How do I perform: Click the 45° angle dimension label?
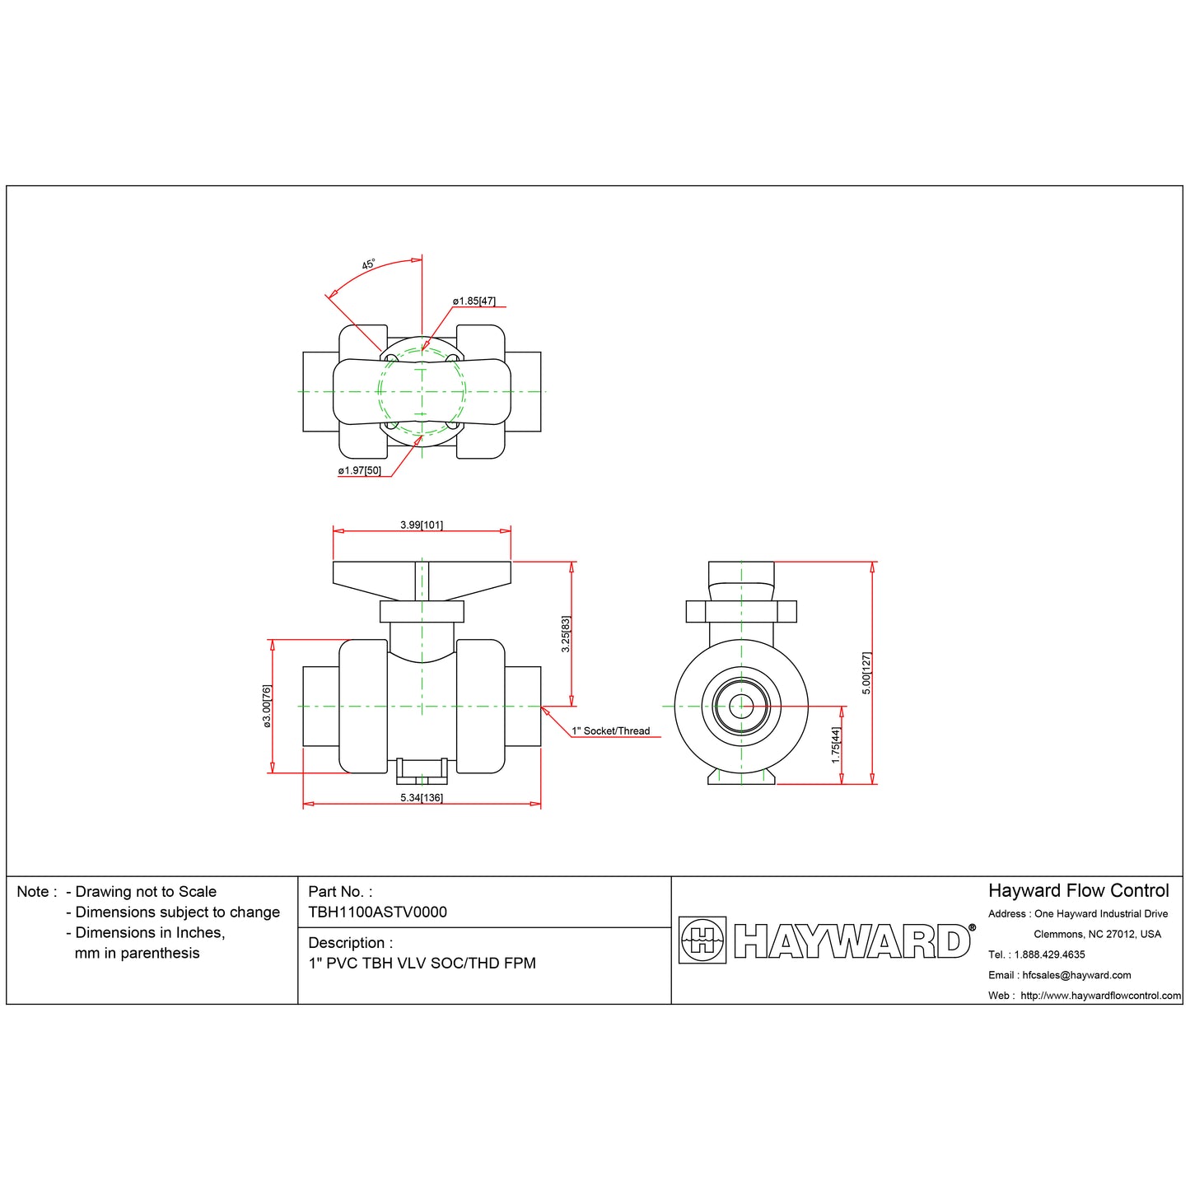(x=368, y=264)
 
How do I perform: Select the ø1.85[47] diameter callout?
(x=474, y=301)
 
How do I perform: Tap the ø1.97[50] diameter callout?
(x=359, y=471)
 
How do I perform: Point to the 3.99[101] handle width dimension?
(x=422, y=525)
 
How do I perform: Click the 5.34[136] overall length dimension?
(x=422, y=798)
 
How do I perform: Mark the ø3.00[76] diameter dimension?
(x=267, y=706)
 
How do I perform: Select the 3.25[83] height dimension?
(x=566, y=634)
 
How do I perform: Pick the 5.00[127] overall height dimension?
(x=866, y=673)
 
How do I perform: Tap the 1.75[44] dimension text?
(x=836, y=744)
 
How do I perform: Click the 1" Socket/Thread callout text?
(x=611, y=731)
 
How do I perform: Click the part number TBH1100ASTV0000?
(x=377, y=912)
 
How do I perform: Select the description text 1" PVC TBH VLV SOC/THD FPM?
(x=422, y=964)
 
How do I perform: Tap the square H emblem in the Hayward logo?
(x=702, y=940)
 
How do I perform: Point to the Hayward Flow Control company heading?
(x=1078, y=891)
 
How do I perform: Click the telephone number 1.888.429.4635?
(x=1049, y=954)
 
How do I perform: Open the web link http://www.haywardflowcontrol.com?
(x=1100, y=996)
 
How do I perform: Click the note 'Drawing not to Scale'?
(x=146, y=892)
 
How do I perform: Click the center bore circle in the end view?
(x=740, y=706)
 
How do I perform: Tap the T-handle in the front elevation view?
(x=422, y=575)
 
